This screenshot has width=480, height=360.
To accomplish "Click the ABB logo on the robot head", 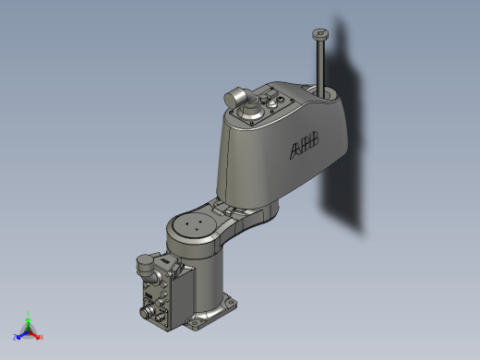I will coord(306,145).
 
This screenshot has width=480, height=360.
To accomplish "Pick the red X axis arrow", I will coord(36,334).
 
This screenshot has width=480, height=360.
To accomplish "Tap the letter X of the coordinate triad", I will coord(42,337).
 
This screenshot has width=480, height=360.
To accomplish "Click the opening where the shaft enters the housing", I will coord(325,92).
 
